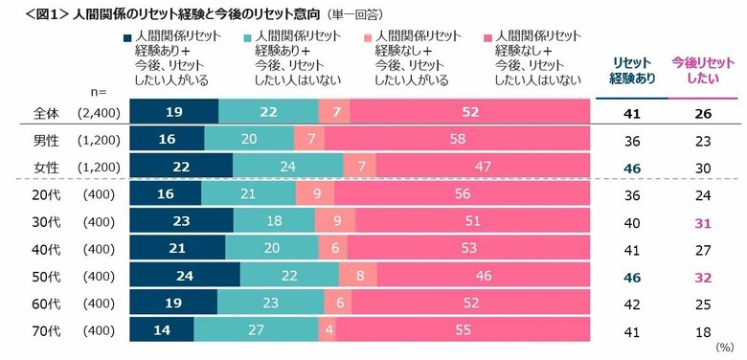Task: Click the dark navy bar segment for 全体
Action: pyautogui.click(x=173, y=112)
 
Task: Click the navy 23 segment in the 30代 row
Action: pyautogui.click(x=180, y=222)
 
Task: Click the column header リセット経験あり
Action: pyautogui.click(x=633, y=72)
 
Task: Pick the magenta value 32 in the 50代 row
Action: pyautogui.click(x=703, y=276)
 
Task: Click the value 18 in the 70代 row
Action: pyautogui.click(x=703, y=330)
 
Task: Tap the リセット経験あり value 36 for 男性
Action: pyautogui.click(x=633, y=140)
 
